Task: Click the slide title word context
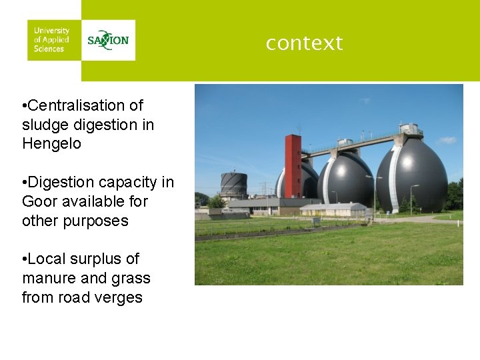click(304, 43)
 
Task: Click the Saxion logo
click(108, 40)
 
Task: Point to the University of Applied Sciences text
click(51, 40)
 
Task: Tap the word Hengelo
click(51, 143)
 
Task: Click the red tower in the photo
click(293, 167)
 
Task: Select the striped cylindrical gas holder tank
click(233, 185)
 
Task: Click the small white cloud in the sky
click(446, 140)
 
